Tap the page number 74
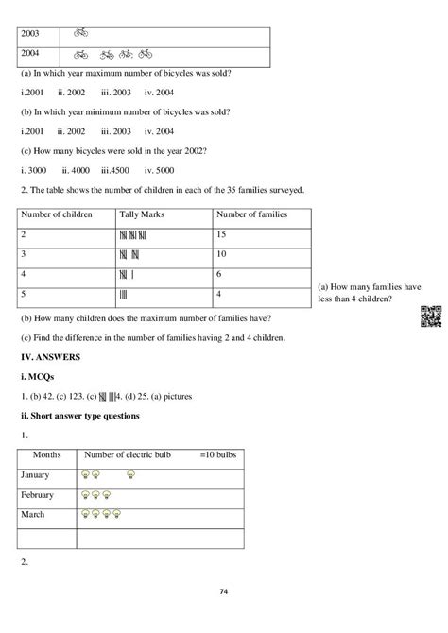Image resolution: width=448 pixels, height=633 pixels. [x=223, y=591]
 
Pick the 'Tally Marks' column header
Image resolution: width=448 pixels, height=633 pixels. [x=142, y=214]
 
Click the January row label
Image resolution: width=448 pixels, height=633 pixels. [x=37, y=474]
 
